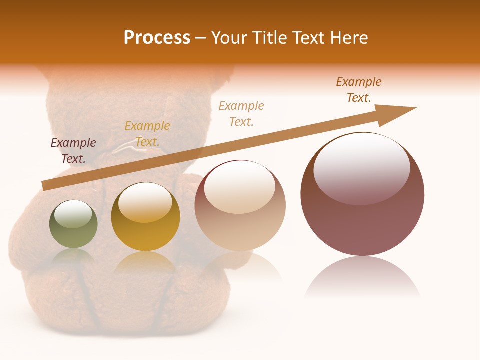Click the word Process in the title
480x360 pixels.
tap(157, 38)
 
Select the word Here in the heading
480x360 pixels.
tap(348, 38)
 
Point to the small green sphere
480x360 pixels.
tap(73, 224)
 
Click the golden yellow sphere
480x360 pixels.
tap(145, 217)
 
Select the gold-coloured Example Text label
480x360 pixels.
tap(147, 134)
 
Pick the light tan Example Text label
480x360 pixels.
tap(241, 114)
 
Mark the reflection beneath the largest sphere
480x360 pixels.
tap(362, 277)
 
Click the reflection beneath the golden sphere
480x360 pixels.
tap(145, 262)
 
